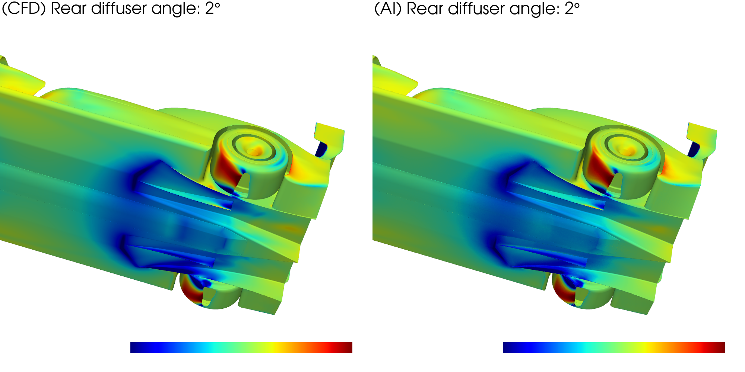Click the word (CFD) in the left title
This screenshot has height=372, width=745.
pyautogui.click(x=24, y=8)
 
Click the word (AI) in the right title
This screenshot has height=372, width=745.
pyautogui.click(x=388, y=8)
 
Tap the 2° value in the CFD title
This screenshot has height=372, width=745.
pyautogui.click(x=213, y=8)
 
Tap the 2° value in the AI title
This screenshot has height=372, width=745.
pyautogui.click(x=572, y=8)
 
